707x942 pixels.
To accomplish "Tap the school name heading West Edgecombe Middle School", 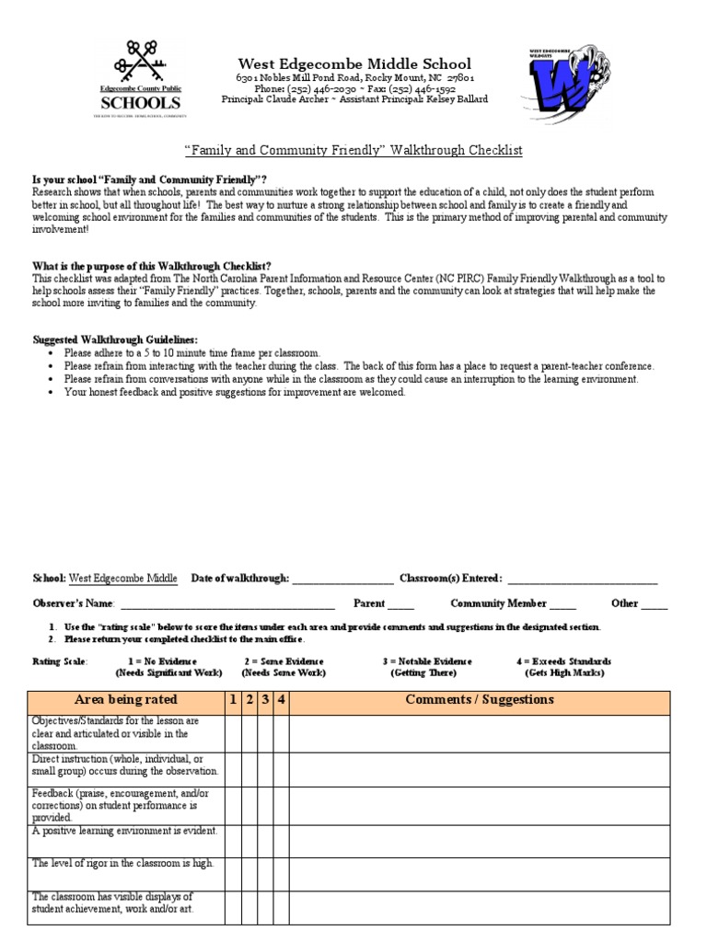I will coord(354,63).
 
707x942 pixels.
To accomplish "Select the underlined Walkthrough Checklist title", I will coord(354,150).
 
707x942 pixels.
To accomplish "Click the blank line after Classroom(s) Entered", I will coord(582,579).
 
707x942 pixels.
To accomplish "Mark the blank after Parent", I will coord(400,604).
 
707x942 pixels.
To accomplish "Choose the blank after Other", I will coord(655,604).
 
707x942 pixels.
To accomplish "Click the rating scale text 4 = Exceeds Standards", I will coord(563,661).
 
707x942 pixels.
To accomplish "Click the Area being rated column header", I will coord(126,700).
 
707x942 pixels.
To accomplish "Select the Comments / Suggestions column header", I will coord(480,700).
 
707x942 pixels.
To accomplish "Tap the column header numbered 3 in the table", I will coord(266,700).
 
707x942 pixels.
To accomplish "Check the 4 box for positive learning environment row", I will coord(282,840).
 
